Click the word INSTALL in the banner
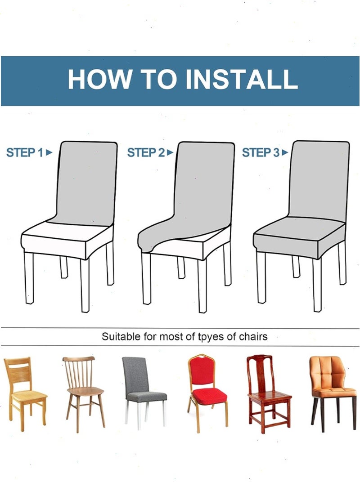click(242, 79)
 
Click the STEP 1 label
click(25, 152)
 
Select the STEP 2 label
click(146, 152)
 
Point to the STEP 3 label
click(261, 152)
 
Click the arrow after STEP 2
click(170, 152)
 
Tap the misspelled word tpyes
click(211, 337)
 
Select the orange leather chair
click(333, 393)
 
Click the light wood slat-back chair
click(25, 394)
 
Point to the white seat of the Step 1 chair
click(67, 240)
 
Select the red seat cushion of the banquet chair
click(208, 396)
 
